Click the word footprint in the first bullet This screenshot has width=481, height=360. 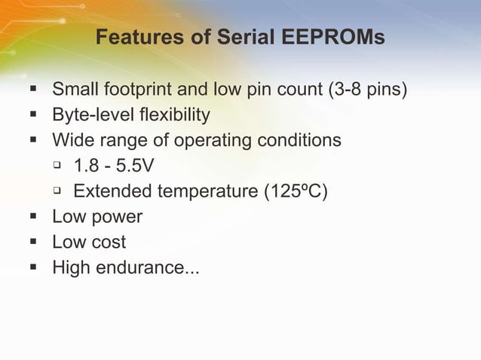(x=138, y=91)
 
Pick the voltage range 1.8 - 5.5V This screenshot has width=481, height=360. (x=114, y=166)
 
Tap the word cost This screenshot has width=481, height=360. (x=109, y=243)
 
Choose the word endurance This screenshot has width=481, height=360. (x=148, y=267)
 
